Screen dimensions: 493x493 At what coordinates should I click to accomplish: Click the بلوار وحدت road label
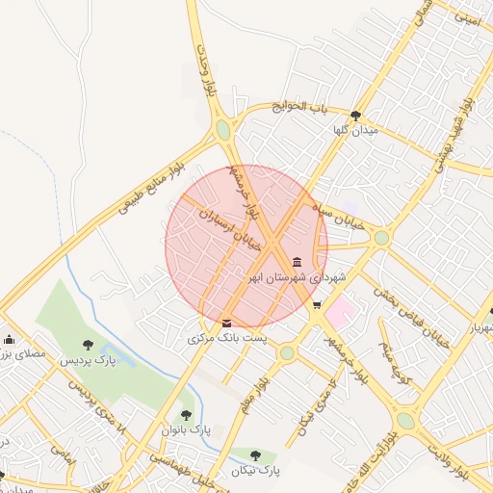203,67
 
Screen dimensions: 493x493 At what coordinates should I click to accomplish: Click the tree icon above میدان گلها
355,115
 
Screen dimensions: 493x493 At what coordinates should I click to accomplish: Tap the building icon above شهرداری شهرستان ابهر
296,263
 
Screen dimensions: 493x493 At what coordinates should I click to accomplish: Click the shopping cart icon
317,305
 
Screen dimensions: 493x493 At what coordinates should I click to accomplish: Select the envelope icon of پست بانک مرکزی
226,323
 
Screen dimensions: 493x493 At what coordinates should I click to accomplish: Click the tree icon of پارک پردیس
88,344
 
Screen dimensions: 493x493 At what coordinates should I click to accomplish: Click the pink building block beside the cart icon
338,311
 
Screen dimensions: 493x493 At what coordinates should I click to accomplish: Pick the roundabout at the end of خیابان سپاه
381,237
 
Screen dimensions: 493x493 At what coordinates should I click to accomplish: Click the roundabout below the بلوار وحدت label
223,129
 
